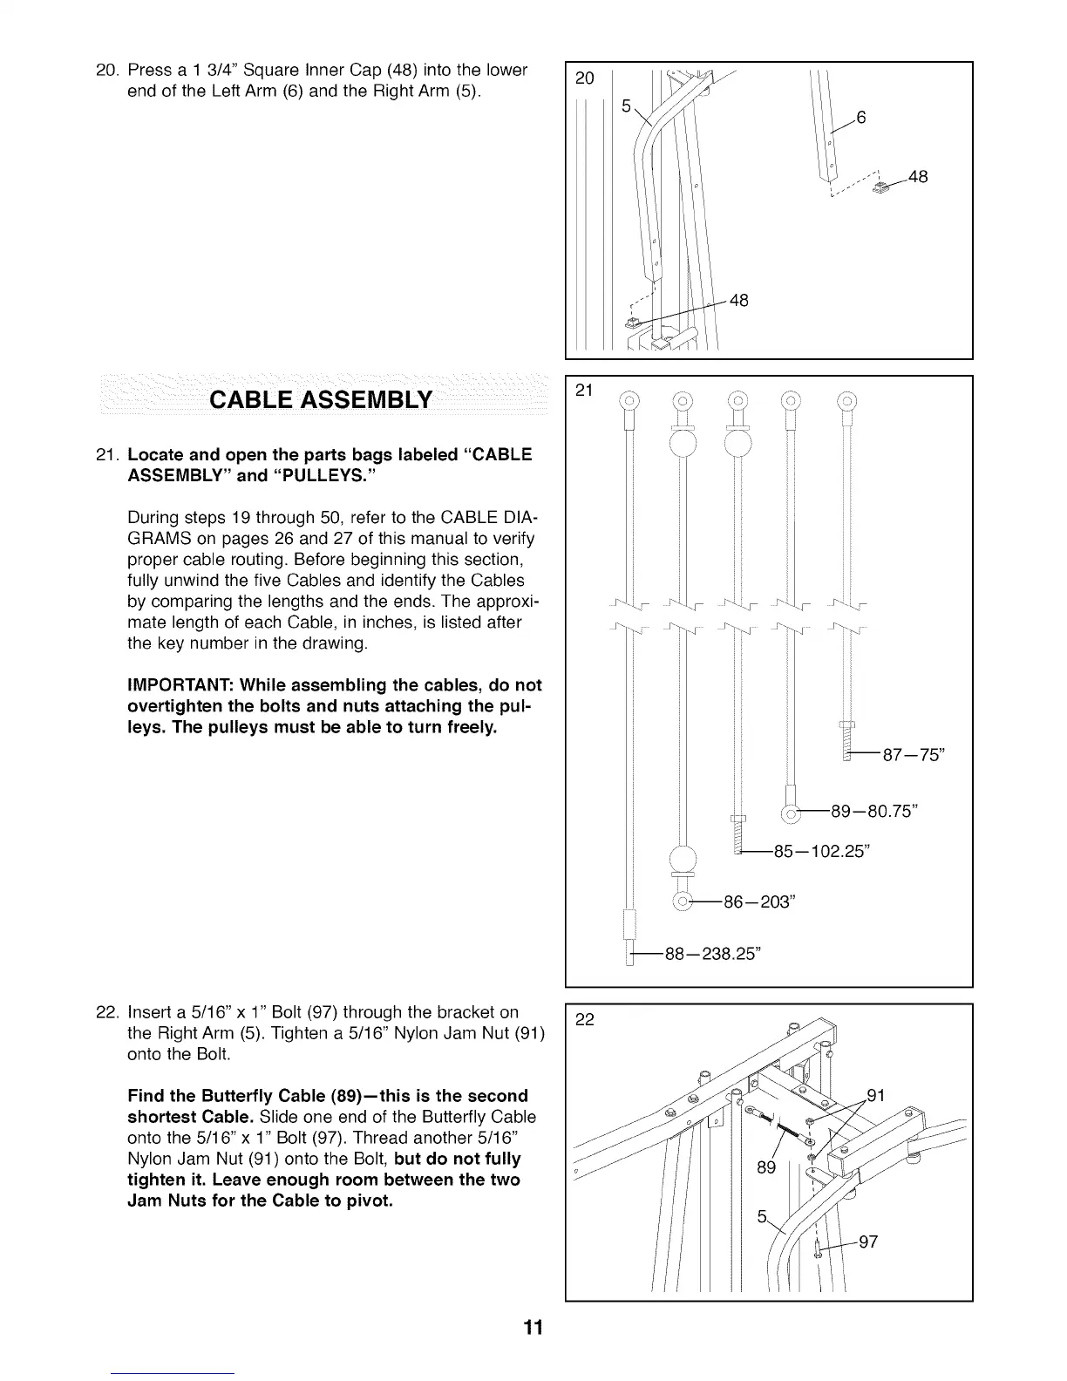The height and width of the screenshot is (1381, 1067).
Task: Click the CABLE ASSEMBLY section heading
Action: (x=321, y=399)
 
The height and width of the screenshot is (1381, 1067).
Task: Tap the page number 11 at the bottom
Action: (x=533, y=1328)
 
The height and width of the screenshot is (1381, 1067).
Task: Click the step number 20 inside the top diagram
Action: (x=586, y=79)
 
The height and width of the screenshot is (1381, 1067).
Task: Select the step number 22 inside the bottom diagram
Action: (x=586, y=1019)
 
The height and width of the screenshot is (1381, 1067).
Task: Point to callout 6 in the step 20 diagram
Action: (x=860, y=119)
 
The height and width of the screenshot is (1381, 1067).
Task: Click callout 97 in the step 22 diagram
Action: (x=867, y=1242)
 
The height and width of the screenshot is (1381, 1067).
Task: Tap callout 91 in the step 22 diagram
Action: (x=876, y=1096)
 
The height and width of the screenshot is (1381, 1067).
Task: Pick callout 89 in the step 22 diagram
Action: (x=765, y=1167)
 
